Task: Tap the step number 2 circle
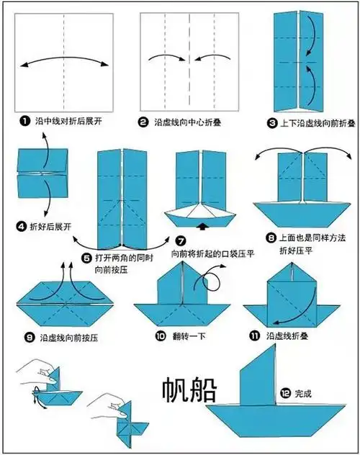coord(143,122)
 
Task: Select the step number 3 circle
coord(272,123)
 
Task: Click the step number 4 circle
coord(22,226)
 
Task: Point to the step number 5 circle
coord(86,255)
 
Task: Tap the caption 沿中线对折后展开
coord(69,122)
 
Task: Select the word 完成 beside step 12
coord(303,393)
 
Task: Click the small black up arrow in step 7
coord(202,227)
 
